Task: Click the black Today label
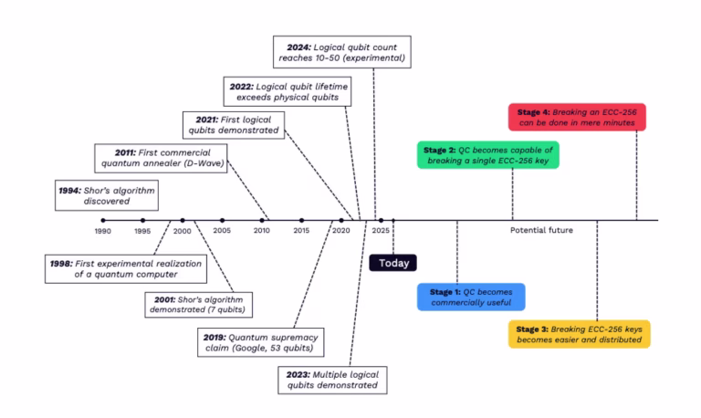392,263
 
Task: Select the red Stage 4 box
576,117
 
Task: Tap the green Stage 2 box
487,155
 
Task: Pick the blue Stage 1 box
471,297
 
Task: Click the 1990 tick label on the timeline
102,232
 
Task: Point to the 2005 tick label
222,232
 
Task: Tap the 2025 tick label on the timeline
381,232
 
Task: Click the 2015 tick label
301,232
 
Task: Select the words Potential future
541,231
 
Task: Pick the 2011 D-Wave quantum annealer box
159,158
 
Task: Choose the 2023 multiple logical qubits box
330,379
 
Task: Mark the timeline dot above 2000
183,220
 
